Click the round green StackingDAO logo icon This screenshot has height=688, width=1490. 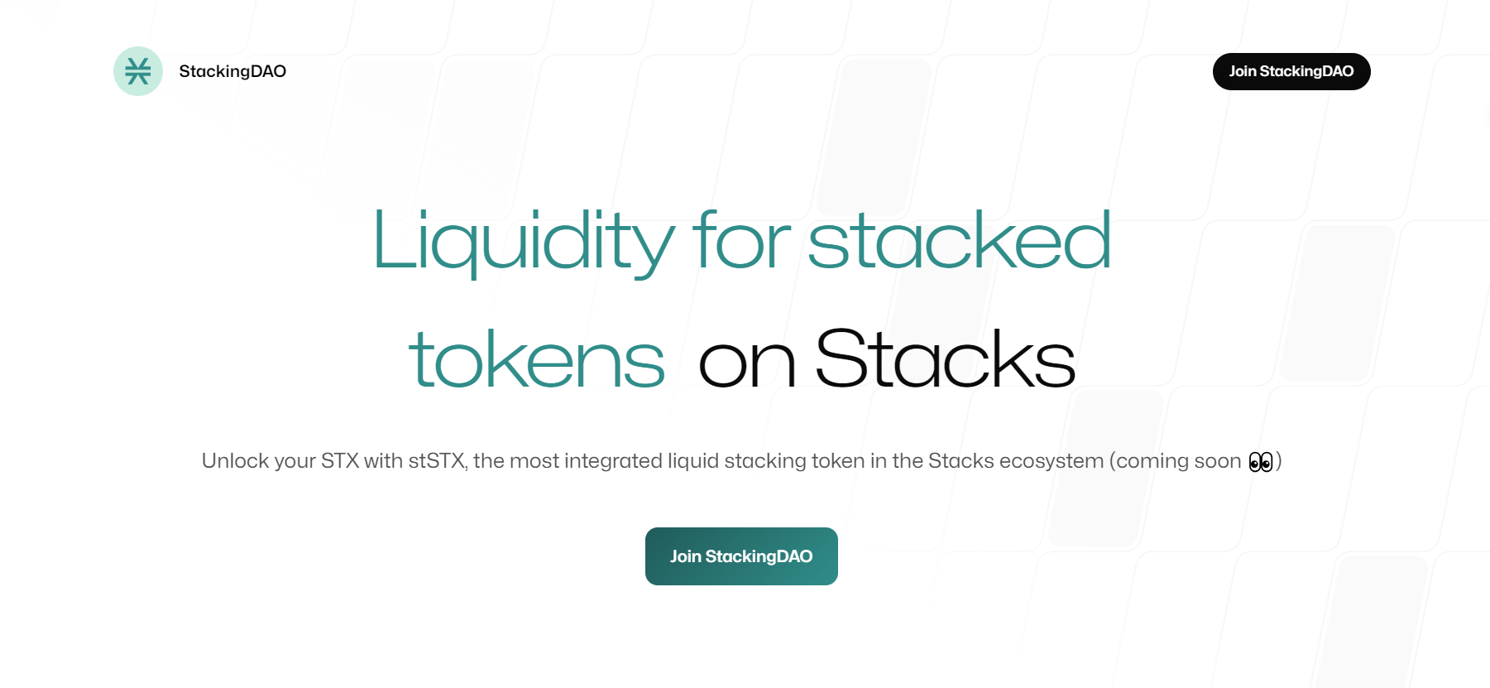point(138,71)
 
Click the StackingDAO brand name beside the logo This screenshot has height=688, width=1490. point(232,71)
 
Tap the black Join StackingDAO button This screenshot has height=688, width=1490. point(1291,71)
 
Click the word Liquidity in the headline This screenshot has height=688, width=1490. point(523,242)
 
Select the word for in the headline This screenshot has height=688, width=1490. point(742,242)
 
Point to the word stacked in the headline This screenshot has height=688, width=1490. point(959,242)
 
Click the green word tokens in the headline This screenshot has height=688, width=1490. point(536,361)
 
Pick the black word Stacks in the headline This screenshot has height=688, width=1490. point(945,359)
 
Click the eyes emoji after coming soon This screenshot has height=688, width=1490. point(1260,462)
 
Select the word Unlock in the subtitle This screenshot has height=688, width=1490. point(235,461)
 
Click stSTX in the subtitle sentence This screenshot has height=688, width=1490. point(437,461)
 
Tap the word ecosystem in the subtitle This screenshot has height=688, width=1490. point(1052,461)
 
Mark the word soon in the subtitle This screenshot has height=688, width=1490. point(1218,461)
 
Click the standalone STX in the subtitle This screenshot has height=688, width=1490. point(339,461)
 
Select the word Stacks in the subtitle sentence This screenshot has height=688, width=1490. point(961,461)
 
